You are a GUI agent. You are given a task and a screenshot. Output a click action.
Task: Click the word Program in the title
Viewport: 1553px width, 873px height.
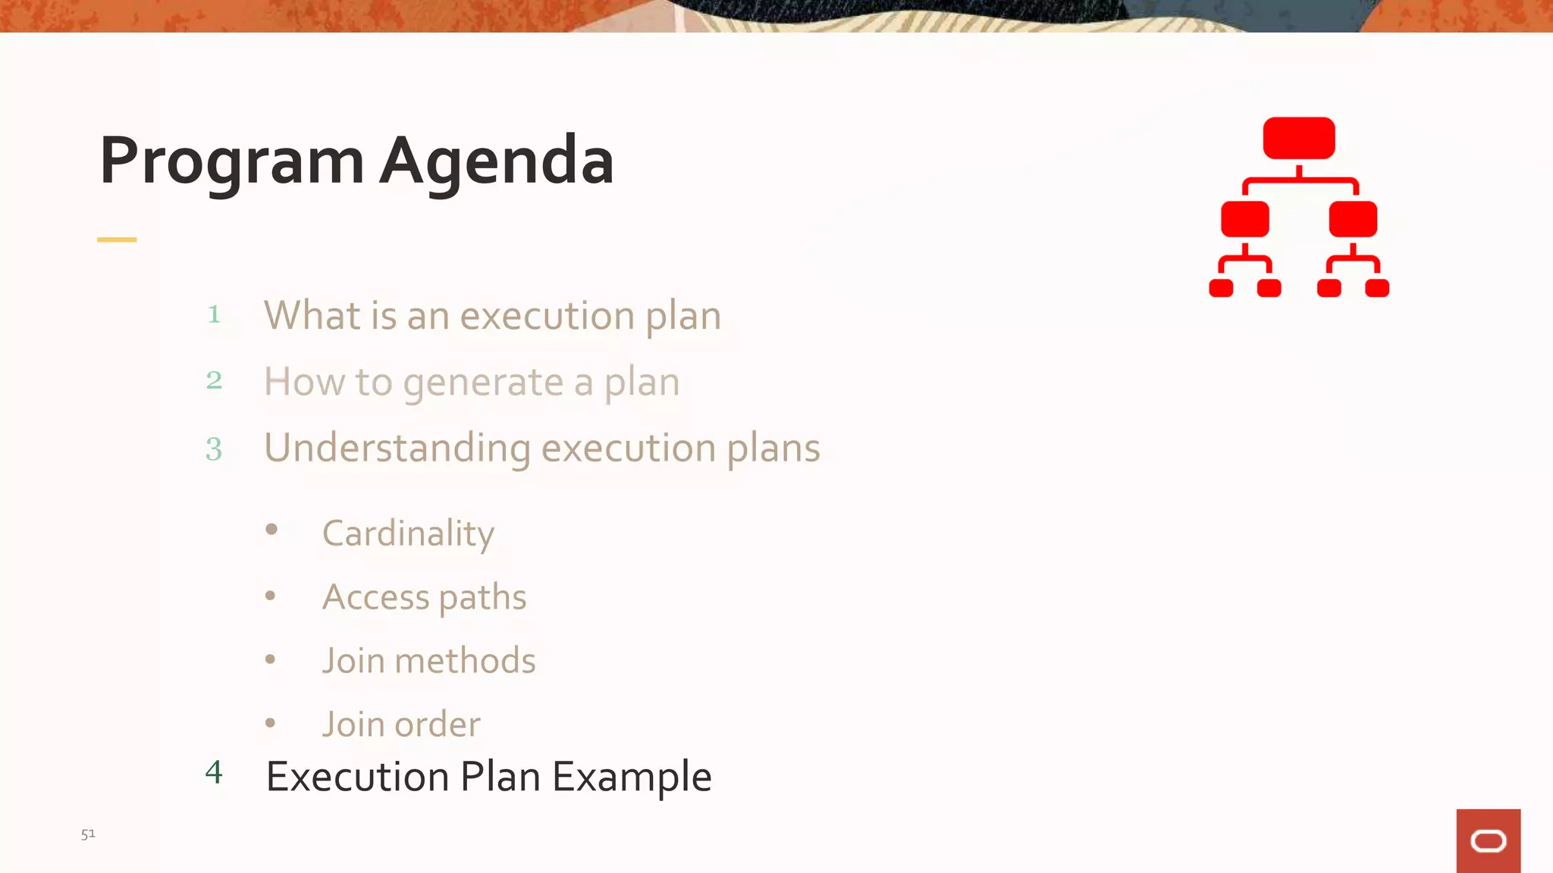232,161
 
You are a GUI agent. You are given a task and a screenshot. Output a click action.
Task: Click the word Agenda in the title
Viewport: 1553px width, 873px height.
497,161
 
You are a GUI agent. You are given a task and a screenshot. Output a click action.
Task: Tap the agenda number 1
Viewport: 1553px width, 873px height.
215,314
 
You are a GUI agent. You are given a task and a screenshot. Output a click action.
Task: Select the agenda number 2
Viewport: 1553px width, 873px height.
215,380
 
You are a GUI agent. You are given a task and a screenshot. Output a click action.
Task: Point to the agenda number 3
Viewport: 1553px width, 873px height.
215,449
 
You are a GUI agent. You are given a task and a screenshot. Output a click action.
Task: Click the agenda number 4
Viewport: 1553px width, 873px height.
215,773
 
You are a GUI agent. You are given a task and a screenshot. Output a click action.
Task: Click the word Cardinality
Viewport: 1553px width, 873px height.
408,533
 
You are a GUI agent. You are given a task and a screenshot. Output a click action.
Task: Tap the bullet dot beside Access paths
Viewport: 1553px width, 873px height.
271,596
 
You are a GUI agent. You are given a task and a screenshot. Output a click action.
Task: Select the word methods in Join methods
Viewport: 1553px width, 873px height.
465,661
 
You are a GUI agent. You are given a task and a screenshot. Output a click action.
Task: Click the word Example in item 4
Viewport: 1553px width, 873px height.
632,777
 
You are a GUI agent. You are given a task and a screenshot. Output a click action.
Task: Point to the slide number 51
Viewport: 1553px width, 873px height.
88,834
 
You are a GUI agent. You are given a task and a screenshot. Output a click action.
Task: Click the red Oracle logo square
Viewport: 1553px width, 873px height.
1488,840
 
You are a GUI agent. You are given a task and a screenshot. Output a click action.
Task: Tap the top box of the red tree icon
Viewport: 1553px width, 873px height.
1298,139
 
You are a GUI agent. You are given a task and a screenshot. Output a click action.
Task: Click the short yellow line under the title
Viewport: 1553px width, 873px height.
117,239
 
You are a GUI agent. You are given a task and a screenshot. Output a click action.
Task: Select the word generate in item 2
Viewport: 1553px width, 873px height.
484,383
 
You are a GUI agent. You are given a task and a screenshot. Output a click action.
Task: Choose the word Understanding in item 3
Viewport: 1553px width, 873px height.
397,449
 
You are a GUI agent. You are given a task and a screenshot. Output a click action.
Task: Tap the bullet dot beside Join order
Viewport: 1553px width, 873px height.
271,723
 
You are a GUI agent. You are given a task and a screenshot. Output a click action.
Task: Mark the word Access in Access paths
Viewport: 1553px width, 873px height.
375,597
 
